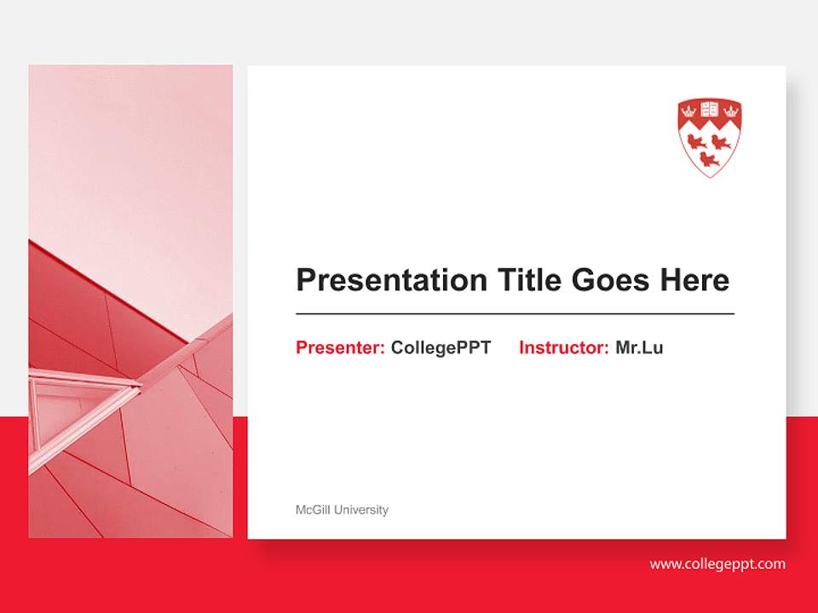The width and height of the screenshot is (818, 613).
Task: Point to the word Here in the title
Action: point(694,280)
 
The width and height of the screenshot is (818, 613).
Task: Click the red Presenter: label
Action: point(340,347)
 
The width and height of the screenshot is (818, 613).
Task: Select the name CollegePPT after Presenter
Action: point(441,347)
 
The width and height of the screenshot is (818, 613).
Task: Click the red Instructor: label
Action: point(563,347)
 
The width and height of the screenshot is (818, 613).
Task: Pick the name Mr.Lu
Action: point(639,347)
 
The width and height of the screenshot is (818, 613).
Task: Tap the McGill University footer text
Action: point(342,510)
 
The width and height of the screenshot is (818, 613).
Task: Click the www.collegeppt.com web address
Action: point(717,564)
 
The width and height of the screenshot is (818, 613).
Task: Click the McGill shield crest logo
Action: point(710,137)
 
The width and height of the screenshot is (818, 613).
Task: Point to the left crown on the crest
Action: point(688,109)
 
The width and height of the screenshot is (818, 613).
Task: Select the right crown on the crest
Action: point(731,109)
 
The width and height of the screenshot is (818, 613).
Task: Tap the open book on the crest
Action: point(710,109)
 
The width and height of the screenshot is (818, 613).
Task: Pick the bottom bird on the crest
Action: point(710,158)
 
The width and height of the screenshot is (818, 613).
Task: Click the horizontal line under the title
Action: point(515,314)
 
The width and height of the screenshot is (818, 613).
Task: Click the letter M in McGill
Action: point(300,510)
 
